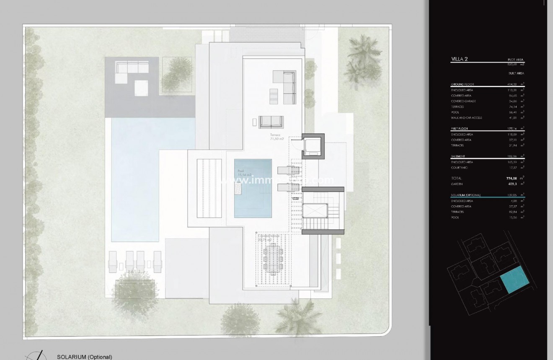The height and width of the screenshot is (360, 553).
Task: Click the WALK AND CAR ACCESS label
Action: pos(466,118)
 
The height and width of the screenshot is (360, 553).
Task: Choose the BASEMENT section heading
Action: pos(458,156)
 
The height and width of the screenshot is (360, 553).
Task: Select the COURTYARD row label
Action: pos(459,168)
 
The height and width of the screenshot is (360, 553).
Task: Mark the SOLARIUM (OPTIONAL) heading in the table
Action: pos(465,195)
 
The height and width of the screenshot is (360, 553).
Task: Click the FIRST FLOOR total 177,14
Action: pos(512,129)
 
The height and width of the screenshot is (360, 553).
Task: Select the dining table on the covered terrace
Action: pos(272,260)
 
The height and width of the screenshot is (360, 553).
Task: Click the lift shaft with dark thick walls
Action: pos(313,145)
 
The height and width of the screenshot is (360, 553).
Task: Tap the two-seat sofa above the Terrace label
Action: pos(272,122)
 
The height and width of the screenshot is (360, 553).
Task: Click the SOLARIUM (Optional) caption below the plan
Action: pos(85,357)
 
